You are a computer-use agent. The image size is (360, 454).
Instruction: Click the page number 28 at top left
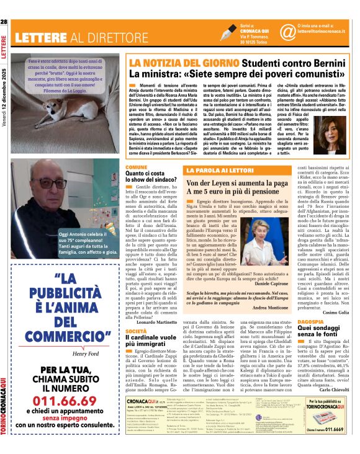[5, 22]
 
